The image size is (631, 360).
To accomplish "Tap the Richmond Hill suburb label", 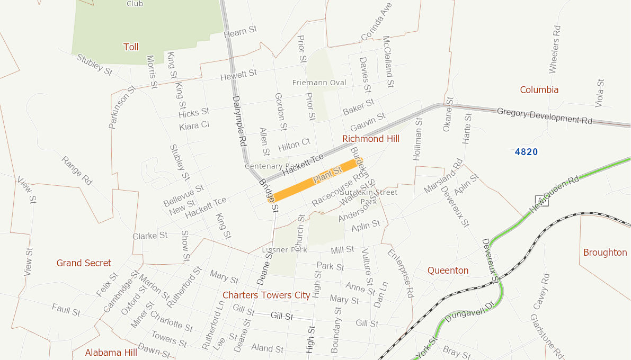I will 371,139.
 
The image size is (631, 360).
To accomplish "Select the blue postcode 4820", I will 526,152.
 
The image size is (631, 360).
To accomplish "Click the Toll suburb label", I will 131,47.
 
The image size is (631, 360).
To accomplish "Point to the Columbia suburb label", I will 539,89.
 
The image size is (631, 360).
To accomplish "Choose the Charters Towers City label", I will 266,295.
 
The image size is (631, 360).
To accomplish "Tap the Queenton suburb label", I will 448,271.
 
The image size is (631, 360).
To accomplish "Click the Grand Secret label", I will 84,263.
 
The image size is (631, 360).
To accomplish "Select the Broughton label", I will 605,253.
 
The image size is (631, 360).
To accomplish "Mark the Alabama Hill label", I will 111,353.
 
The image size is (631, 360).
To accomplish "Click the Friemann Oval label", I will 319,83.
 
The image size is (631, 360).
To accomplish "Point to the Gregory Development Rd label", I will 544,116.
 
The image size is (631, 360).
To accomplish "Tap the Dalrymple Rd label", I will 239,121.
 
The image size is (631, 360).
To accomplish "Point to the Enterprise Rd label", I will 401,274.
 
